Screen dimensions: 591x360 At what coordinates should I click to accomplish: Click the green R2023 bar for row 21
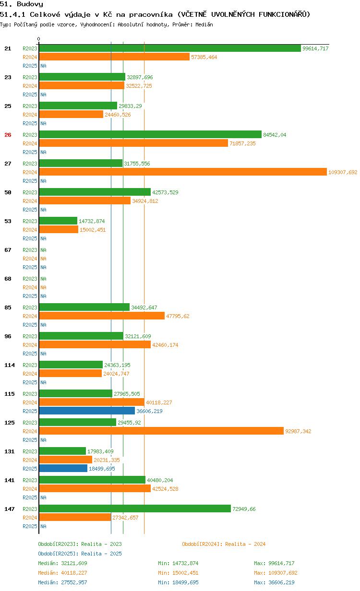(170, 48)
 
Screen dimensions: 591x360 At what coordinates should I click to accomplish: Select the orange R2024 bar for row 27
(183, 172)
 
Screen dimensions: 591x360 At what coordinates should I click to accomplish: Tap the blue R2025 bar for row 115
(87, 411)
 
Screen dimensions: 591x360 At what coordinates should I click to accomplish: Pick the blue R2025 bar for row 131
(63, 469)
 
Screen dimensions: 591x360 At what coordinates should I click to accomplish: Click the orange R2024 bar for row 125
(161, 431)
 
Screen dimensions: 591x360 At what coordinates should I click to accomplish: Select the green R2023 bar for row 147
(135, 509)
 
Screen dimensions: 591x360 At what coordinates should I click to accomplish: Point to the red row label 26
(8, 135)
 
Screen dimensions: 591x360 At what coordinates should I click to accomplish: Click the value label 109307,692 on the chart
(343, 172)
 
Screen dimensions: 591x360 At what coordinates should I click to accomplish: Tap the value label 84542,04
(275, 135)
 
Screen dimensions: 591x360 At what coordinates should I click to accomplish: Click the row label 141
(10, 480)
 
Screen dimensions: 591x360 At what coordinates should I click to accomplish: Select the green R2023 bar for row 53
(58, 221)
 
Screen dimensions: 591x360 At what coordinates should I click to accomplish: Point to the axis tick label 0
(39, 39)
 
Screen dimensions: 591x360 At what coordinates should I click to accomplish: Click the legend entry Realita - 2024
(224, 544)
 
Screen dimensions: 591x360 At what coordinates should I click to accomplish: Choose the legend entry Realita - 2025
(80, 554)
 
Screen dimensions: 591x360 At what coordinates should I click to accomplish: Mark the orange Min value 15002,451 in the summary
(178, 573)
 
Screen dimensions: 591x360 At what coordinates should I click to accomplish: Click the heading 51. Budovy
(22, 4)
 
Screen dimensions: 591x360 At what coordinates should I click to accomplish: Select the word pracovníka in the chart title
(146, 14)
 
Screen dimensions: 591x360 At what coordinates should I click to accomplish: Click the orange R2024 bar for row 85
(102, 316)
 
